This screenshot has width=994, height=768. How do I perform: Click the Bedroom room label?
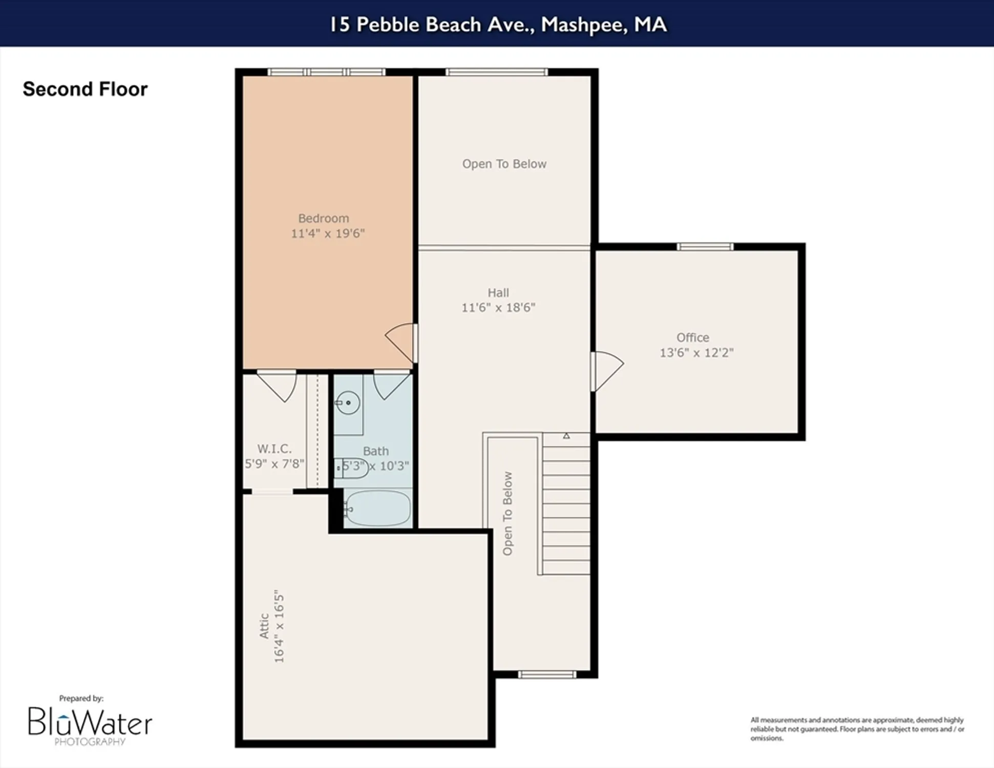pyautogui.click(x=323, y=218)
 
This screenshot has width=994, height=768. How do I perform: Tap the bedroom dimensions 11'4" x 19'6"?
pyautogui.click(x=328, y=233)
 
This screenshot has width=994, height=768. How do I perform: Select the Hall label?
pyautogui.click(x=498, y=292)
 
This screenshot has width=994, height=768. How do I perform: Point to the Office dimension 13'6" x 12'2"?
pyautogui.click(x=696, y=353)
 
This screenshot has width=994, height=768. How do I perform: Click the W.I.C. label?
pyautogui.click(x=274, y=449)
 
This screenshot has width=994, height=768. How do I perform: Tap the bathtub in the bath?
pyautogui.click(x=378, y=508)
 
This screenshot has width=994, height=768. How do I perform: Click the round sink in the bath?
pyautogui.click(x=348, y=403)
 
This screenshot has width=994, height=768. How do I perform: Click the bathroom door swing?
pyautogui.click(x=391, y=385)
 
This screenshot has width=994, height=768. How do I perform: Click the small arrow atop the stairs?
pyautogui.click(x=566, y=436)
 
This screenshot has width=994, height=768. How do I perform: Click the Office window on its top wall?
pyautogui.click(x=705, y=247)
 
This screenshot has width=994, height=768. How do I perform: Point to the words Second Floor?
pyautogui.click(x=85, y=89)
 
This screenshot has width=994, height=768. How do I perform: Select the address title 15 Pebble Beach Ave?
pyautogui.click(x=497, y=25)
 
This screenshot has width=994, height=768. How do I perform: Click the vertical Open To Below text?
pyautogui.click(x=507, y=514)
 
